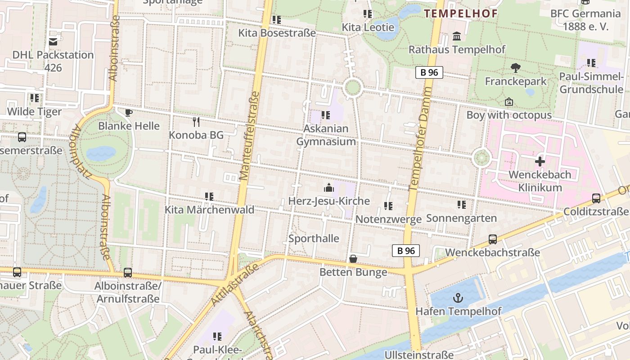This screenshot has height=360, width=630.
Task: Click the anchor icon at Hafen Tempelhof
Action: coord(458,298)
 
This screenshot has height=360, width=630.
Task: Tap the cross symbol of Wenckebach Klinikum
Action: coord(540,162)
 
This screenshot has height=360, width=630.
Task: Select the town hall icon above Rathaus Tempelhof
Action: coord(457,36)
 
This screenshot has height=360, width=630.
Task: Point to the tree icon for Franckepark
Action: coord(516,68)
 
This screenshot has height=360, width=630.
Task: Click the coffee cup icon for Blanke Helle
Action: coord(129,112)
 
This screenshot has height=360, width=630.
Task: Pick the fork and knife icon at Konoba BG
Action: coord(196,121)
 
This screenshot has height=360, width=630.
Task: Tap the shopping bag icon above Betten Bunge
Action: coord(353,259)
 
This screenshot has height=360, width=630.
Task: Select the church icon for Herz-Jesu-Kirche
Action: coord(329,187)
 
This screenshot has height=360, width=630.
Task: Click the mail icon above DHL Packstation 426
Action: coord(53,41)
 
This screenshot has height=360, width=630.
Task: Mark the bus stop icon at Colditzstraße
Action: coord(596,198)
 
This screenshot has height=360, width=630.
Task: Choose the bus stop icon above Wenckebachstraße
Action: coord(493,239)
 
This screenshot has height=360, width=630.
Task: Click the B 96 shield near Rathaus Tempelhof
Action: coord(429,72)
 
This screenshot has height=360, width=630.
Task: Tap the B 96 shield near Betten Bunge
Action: coord(405,251)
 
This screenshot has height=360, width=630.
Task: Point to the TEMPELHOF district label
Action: coord(461,13)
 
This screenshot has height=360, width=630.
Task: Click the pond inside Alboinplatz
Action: coord(101,153)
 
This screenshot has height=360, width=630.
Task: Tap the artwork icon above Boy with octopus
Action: coord(509,102)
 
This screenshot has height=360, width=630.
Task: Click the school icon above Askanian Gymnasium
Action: coord(326,115)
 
